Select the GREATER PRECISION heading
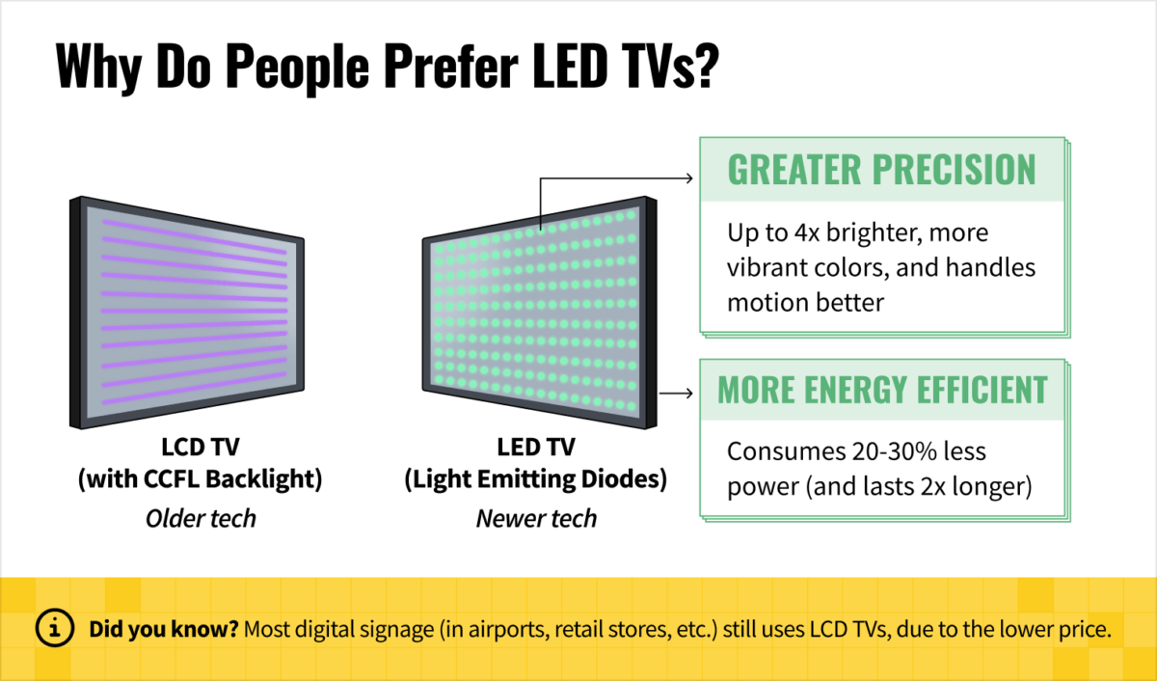click(881, 170)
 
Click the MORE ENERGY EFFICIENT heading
click(881, 391)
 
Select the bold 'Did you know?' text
click(163, 630)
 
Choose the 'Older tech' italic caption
click(201, 518)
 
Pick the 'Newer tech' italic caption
click(536, 518)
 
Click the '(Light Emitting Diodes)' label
click(536, 479)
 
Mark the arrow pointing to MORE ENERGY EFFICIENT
click(677, 393)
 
